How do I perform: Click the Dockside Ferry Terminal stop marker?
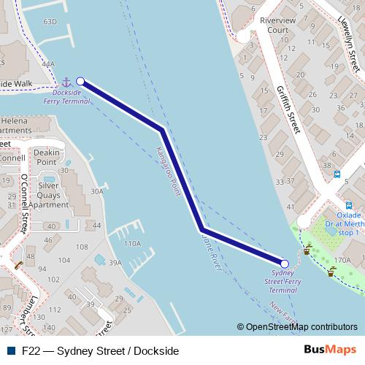[x=80, y=82]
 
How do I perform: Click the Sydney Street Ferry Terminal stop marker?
[x=285, y=264]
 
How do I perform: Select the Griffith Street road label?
[x=288, y=109]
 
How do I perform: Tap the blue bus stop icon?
[x=337, y=174]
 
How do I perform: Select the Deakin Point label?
[x=47, y=157]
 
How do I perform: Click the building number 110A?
[x=132, y=243]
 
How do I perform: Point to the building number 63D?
[x=50, y=22]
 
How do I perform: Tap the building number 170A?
[x=342, y=260]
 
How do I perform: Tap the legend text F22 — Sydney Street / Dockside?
[x=100, y=350]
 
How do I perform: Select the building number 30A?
[x=96, y=191]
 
